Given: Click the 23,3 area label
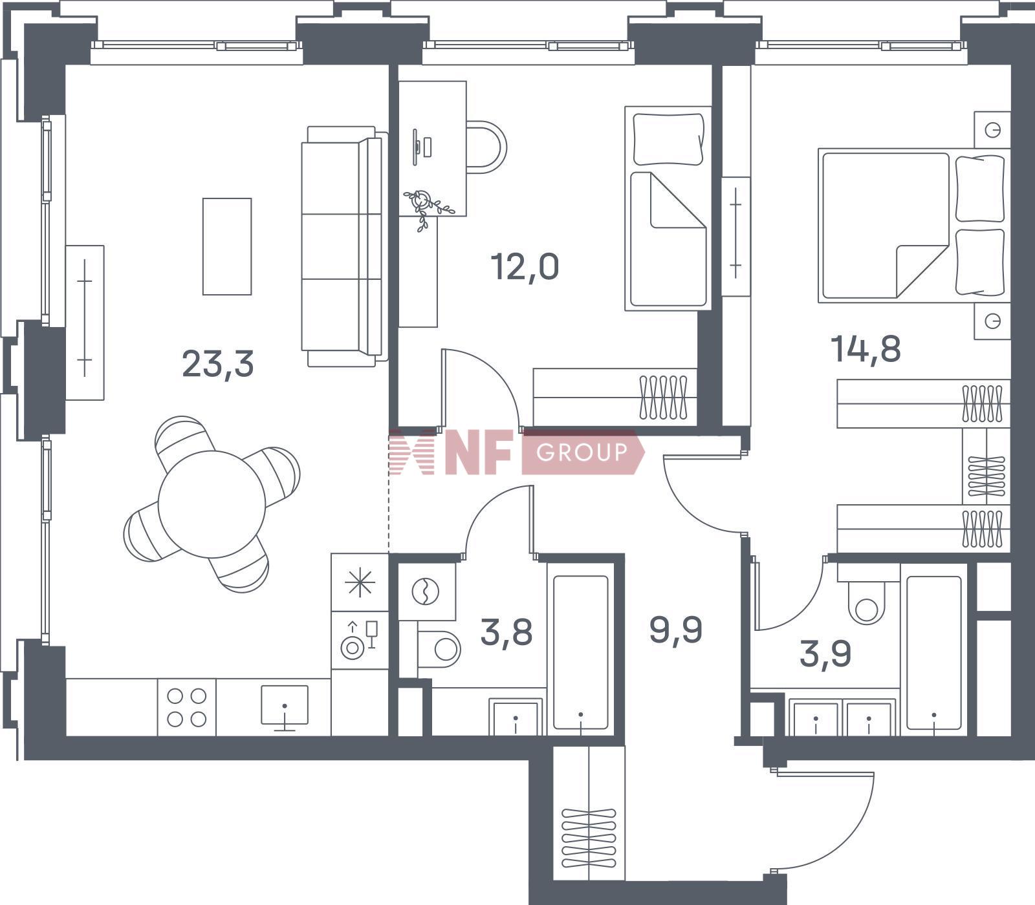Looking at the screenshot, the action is click(217, 363).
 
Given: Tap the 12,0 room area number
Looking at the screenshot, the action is click(525, 266).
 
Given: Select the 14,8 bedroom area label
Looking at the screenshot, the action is click(866, 350).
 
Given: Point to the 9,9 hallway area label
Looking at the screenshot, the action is click(676, 630).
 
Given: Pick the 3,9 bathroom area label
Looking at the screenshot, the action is click(825, 654).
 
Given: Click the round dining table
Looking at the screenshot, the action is click(212, 504).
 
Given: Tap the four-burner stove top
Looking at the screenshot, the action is click(187, 707).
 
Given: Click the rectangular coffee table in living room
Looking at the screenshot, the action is click(227, 246).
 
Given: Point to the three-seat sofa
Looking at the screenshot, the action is click(345, 246).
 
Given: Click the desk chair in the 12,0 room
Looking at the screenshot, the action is click(486, 147).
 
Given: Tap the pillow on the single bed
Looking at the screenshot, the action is click(668, 139).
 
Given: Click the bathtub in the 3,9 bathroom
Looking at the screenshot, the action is click(934, 653).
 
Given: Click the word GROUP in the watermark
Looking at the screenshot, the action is click(582, 452).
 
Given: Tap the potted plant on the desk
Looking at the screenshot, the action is click(427, 207).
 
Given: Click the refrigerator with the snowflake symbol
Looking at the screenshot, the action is click(360, 582).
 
